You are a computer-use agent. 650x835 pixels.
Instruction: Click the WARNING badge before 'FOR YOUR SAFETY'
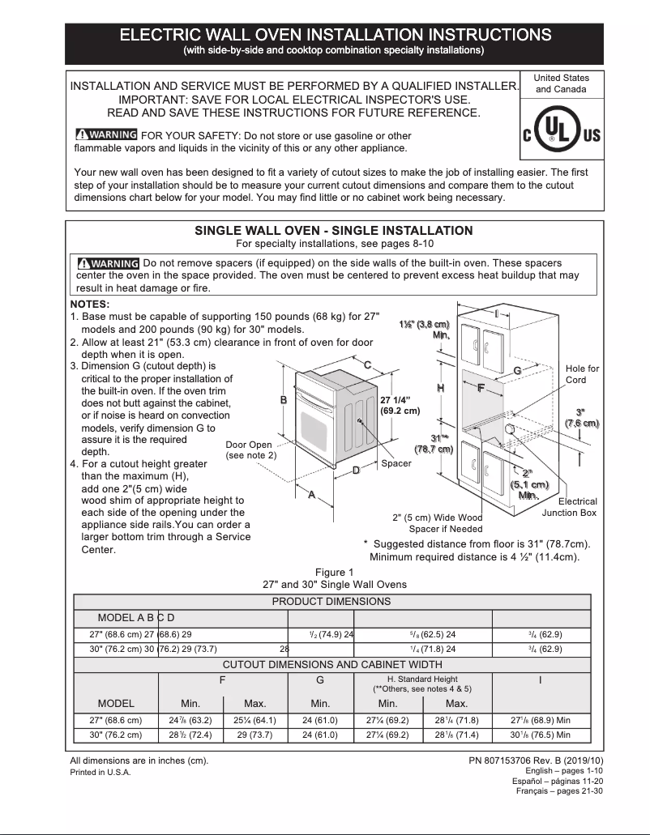click(105, 135)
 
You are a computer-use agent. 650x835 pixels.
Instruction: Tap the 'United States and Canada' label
click(561, 83)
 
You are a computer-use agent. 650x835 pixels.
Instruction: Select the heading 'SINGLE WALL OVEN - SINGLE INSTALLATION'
click(333, 231)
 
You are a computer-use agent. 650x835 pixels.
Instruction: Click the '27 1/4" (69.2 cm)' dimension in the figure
click(400, 405)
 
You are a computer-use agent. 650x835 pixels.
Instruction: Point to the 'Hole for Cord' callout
click(581, 374)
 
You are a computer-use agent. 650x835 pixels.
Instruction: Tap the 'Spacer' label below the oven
click(396, 463)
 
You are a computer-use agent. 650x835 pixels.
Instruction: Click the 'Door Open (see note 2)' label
click(250, 450)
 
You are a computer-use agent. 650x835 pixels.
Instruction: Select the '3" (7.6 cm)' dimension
click(581, 418)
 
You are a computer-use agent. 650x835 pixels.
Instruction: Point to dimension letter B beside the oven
click(284, 399)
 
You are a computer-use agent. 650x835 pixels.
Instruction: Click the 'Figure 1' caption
click(335, 573)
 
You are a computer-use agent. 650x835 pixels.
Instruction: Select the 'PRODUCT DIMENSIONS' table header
click(331, 601)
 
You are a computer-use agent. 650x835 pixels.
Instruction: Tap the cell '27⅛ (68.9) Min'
click(541, 719)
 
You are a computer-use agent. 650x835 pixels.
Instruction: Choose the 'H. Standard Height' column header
click(422, 684)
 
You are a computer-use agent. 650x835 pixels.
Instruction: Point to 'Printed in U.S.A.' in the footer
click(100, 772)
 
